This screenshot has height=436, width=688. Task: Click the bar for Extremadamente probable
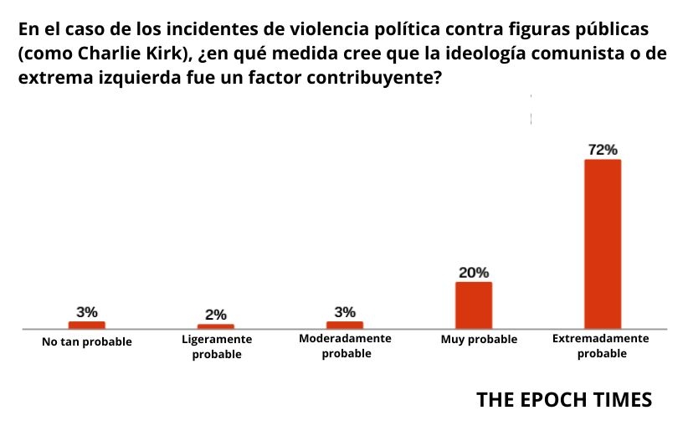pos(602,243)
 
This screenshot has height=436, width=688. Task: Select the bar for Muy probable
pos(473,305)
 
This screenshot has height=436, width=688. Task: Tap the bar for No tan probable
pos(86,325)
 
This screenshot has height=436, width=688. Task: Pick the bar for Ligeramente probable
pos(216,326)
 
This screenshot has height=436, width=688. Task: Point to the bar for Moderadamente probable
pos(344,325)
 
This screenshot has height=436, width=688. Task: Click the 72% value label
pos(603,150)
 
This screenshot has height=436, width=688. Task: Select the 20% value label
pos(474,273)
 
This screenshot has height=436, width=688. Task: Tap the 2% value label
pos(216,315)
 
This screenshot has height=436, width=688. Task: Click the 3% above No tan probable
pos(87,312)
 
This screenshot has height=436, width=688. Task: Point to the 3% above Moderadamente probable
pos(345,312)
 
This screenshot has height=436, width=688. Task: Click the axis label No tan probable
pos(87,341)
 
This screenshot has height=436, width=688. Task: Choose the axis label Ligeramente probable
pos(216,347)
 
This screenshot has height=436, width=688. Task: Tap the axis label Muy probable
pos(479,340)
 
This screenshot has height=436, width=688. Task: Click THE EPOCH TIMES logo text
pos(563,400)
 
